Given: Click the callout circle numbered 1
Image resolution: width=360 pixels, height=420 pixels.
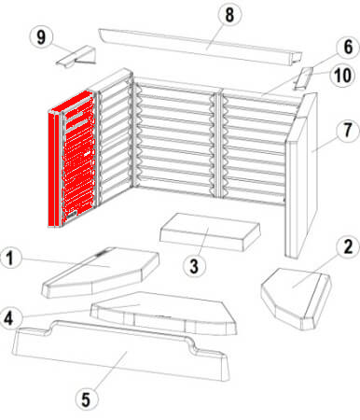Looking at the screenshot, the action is [x=11, y=258].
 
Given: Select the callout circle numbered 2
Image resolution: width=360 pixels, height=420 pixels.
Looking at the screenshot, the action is [x=348, y=246].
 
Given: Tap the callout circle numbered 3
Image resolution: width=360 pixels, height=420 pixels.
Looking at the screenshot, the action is [x=194, y=266].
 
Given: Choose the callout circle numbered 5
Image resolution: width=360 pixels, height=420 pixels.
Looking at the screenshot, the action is [x=86, y=399].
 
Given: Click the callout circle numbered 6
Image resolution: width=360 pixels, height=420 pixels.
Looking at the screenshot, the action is [x=348, y=47].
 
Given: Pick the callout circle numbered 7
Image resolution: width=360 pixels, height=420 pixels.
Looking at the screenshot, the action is [x=348, y=131].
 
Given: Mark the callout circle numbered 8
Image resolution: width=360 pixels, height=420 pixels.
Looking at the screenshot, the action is [x=229, y=14].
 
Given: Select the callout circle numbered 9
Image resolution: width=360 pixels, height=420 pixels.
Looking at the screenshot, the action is [x=41, y=37].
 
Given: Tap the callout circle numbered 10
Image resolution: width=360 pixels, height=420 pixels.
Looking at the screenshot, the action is [x=343, y=76].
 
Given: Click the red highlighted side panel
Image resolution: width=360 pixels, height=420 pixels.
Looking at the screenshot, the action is [x=72, y=159].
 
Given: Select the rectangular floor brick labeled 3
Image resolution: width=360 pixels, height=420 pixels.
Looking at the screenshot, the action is [x=210, y=231].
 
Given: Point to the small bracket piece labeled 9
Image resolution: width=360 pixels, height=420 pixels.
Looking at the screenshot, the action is [x=76, y=56].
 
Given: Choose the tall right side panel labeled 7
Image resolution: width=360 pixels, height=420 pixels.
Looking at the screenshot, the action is [x=301, y=175].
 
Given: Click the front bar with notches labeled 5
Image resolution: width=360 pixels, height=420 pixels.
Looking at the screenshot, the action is [x=121, y=352].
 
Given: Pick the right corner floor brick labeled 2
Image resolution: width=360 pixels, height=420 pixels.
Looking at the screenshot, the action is [x=297, y=298].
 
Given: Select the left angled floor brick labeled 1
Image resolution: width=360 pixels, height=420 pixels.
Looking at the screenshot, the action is [x=101, y=273].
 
